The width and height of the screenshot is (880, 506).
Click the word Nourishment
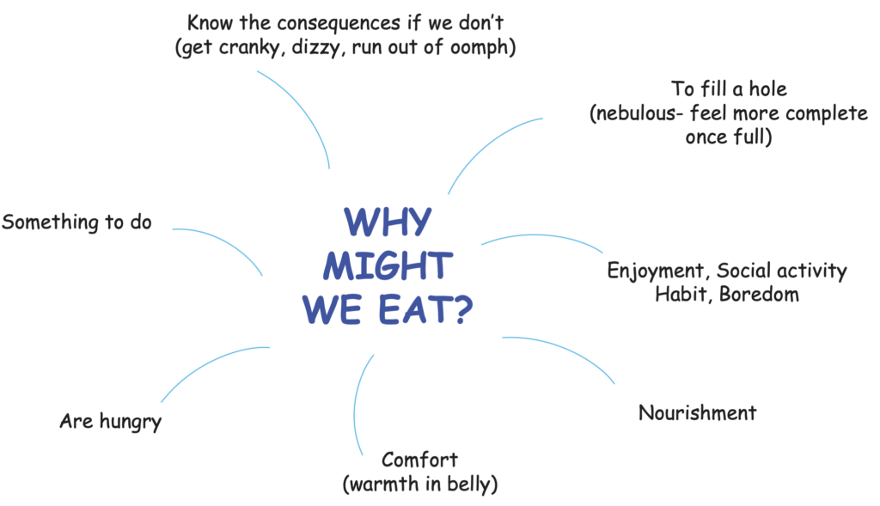click(697, 412)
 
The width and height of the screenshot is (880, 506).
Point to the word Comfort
click(419, 459)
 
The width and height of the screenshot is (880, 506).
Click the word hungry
click(129, 422)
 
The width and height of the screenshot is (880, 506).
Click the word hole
click(764, 89)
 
